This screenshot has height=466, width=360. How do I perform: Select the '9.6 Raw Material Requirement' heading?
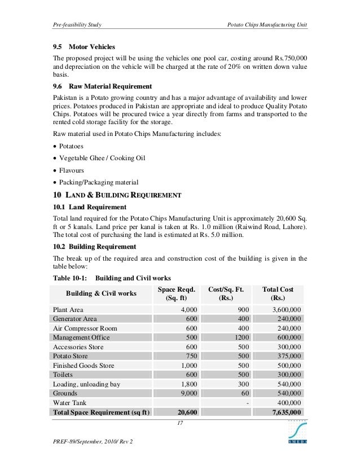[x=102, y=86]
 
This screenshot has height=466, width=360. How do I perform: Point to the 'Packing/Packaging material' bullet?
[x=98, y=182]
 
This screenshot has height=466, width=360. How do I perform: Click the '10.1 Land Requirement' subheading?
[x=90, y=207]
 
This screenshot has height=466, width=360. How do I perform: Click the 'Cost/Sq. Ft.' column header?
[x=226, y=289]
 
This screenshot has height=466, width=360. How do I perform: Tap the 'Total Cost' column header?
[x=278, y=289]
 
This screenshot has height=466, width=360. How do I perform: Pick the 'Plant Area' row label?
[x=68, y=310]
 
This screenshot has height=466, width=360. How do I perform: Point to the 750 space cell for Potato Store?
[x=192, y=356]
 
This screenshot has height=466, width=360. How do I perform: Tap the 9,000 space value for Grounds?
[x=188, y=393]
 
